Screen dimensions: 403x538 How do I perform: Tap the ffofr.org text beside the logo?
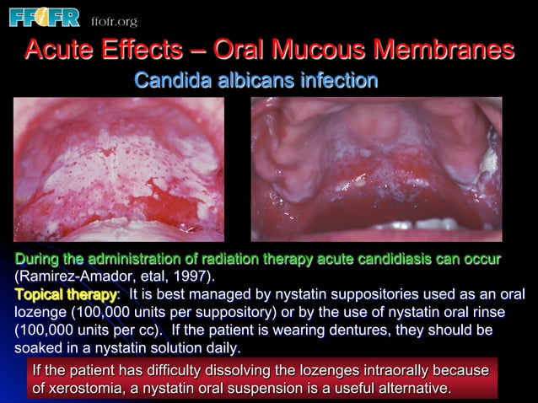tap(111, 19)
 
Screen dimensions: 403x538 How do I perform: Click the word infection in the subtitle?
tap(336, 81)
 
